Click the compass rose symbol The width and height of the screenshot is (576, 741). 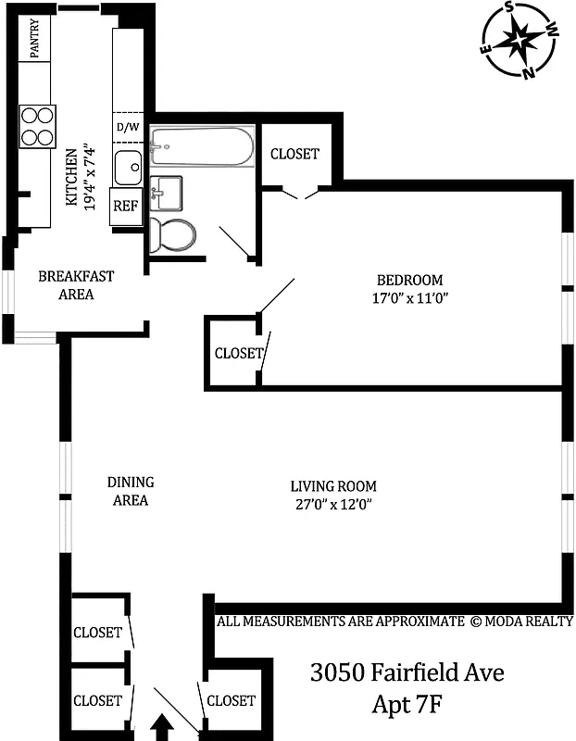click(519, 40)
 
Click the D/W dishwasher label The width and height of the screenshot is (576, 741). click(127, 127)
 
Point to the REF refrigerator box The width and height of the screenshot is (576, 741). click(125, 207)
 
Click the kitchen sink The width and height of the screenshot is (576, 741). click(128, 169)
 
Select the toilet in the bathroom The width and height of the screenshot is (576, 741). click(173, 235)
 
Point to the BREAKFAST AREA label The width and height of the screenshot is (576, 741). click(76, 285)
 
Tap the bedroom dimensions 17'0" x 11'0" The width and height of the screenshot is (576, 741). click(408, 298)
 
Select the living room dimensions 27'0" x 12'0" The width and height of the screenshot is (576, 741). click(333, 505)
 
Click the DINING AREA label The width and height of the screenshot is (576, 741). click(131, 491)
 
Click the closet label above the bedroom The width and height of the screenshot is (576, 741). click(294, 154)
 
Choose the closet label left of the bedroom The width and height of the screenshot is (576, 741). click(238, 353)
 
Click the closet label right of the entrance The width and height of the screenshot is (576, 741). click(231, 700)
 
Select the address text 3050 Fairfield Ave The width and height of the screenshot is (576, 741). click(407, 672)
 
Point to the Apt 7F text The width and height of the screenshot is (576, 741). click(407, 704)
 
